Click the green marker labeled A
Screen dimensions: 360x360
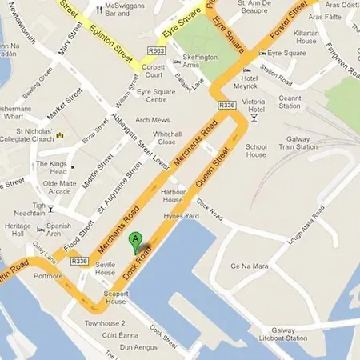pyautogui.click(x=136, y=240)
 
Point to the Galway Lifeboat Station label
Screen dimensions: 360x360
pyautogui.click(x=301, y=334)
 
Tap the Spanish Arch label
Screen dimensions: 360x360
pyautogui.click(x=58, y=230)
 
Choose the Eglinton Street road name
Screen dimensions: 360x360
pyautogui.click(x=110, y=35)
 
